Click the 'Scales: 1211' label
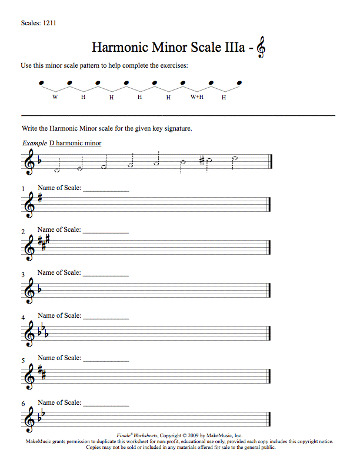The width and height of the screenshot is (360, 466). click(x=38, y=24)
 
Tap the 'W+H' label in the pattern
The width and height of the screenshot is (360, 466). click(x=196, y=96)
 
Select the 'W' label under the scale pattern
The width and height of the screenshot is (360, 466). click(x=55, y=96)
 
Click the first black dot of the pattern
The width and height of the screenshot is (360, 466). click(x=41, y=83)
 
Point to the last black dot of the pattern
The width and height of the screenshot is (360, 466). click(x=239, y=83)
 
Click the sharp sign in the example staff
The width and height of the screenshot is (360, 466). click(x=201, y=160)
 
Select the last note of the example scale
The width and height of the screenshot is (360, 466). click(x=235, y=158)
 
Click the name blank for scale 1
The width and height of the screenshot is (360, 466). click(x=106, y=190)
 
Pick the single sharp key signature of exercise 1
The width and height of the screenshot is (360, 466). click(x=39, y=198)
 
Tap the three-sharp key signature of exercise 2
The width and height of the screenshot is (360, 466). click(x=43, y=241)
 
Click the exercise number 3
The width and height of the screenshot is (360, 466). click(x=24, y=275)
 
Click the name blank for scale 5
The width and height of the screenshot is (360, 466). click(x=106, y=360)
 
